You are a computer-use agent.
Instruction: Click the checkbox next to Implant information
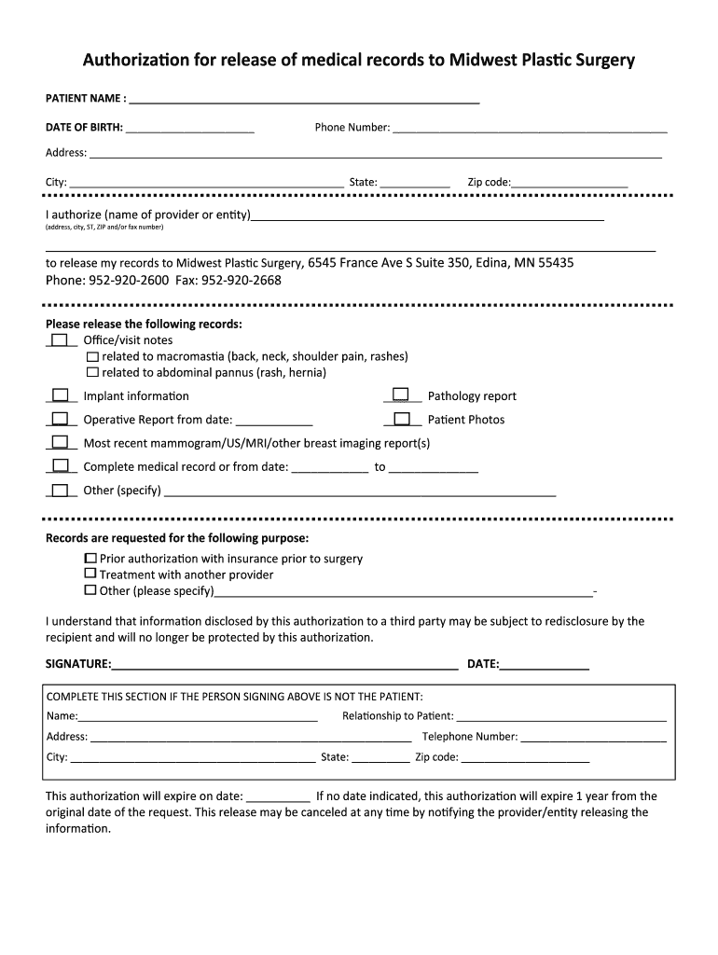tap(61, 395)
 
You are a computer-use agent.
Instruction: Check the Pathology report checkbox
tap(400, 394)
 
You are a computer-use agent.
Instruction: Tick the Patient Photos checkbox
tap(402, 419)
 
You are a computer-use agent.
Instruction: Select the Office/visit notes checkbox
tap(61, 339)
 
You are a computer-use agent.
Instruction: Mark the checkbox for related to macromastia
tap(92, 356)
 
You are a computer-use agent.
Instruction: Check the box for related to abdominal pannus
tap(92, 372)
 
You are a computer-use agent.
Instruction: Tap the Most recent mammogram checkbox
tap(61, 442)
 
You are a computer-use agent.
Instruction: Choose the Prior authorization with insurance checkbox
tap(90, 558)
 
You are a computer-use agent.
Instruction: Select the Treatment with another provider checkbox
tap(90, 574)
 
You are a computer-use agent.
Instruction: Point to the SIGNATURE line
tap(284, 664)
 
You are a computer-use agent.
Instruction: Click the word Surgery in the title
tap(605, 61)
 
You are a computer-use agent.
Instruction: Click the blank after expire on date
tap(279, 796)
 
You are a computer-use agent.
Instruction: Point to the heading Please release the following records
tap(144, 324)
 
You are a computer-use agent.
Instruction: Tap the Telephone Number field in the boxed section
tap(594, 737)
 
